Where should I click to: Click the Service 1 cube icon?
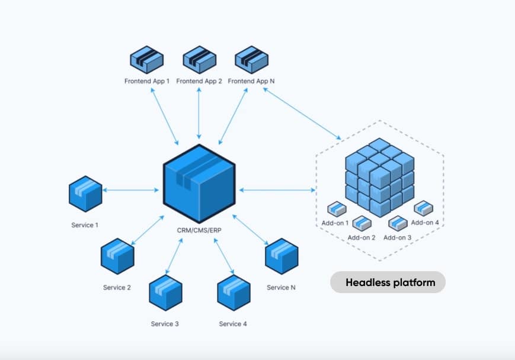point(85,194)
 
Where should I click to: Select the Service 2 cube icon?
point(117,255)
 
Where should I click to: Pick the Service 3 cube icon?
point(165,292)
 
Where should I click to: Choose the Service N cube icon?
point(281,255)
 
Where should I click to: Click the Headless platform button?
point(388,282)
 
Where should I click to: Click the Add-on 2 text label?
point(362,237)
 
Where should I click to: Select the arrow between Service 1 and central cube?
point(131,191)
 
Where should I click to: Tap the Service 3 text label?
point(165,324)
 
